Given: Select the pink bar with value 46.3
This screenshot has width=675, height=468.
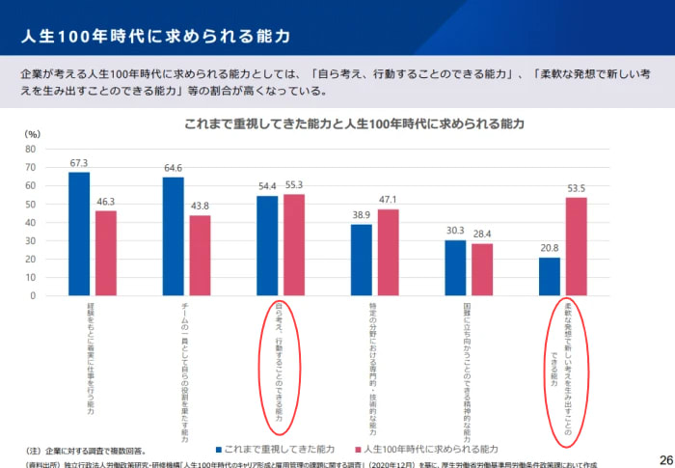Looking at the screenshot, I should (x=105, y=253).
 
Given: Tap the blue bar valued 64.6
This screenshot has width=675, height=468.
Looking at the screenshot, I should (x=173, y=236).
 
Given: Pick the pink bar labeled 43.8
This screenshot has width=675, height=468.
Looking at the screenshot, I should (x=200, y=256).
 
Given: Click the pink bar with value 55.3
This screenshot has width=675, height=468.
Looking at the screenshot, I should (x=293, y=245).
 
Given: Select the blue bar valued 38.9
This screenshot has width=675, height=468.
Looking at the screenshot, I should (x=361, y=261).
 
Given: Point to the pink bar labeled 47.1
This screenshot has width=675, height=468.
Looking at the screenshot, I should (x=388, y=253).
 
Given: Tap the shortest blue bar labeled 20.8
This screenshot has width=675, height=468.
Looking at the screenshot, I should (x=549, y=277).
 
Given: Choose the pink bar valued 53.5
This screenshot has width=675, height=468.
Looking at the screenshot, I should (x=576, y=247).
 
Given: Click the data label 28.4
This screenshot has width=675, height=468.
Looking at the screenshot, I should (x=481, y=234).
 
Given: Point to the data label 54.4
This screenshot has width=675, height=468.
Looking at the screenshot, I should (x=267, y=186).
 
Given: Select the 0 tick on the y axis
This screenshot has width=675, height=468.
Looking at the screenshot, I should (x=34, y=296).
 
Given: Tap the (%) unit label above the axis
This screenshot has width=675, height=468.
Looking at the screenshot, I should (x=32, y=134).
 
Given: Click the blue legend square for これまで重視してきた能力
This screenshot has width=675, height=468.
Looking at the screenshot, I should (x=220, y=449).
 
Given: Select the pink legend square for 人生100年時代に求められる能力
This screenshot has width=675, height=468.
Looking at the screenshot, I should (x=357, y=449).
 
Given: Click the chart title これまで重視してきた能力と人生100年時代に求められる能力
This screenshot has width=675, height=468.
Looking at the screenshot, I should (x=354, y=124).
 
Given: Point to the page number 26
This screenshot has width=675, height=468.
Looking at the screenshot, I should (x=665, y=458).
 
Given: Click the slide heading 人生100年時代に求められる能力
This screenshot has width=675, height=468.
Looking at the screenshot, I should (x=155, y=37).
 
